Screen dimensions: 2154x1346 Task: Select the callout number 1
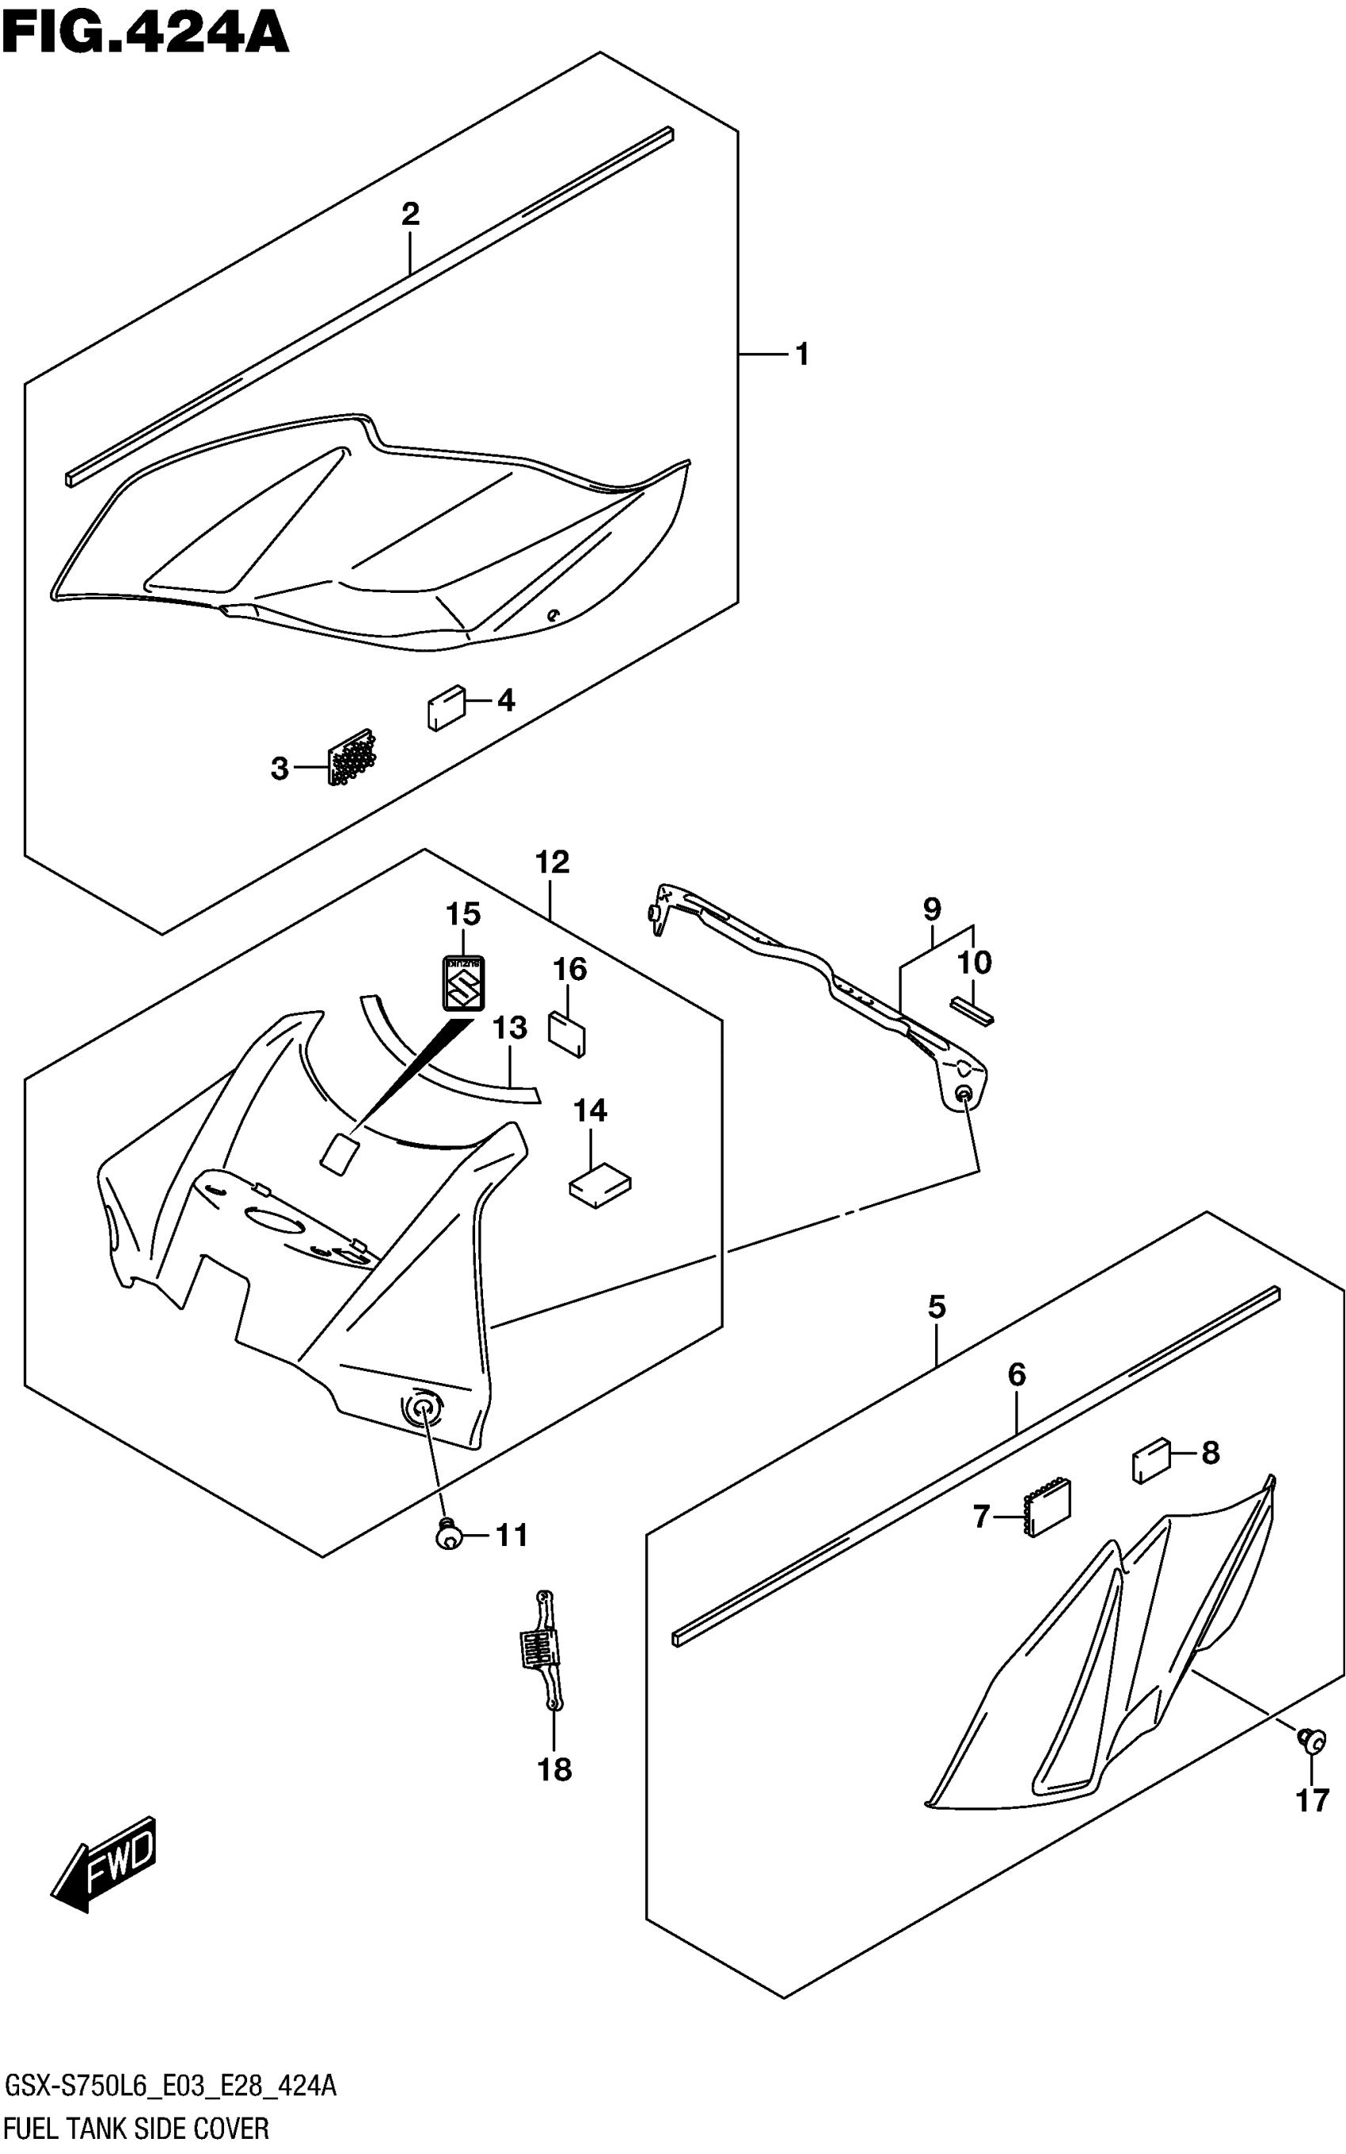(802, 355)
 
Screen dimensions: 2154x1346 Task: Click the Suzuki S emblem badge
(463, 983)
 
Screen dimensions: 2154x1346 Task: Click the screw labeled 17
(1313, 1738)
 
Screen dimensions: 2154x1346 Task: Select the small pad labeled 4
(445, 709)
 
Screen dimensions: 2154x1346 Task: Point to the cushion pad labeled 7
(1048, 1509)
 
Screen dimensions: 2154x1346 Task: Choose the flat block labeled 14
(600, 1185)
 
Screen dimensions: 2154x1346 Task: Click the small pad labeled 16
(567, 1032)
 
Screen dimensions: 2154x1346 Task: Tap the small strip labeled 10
(973, 1010)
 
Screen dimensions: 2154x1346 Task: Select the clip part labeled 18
(543, 1651)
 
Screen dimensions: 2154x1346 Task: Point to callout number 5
(936, 1307)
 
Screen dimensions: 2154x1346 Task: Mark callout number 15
(463, 914)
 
